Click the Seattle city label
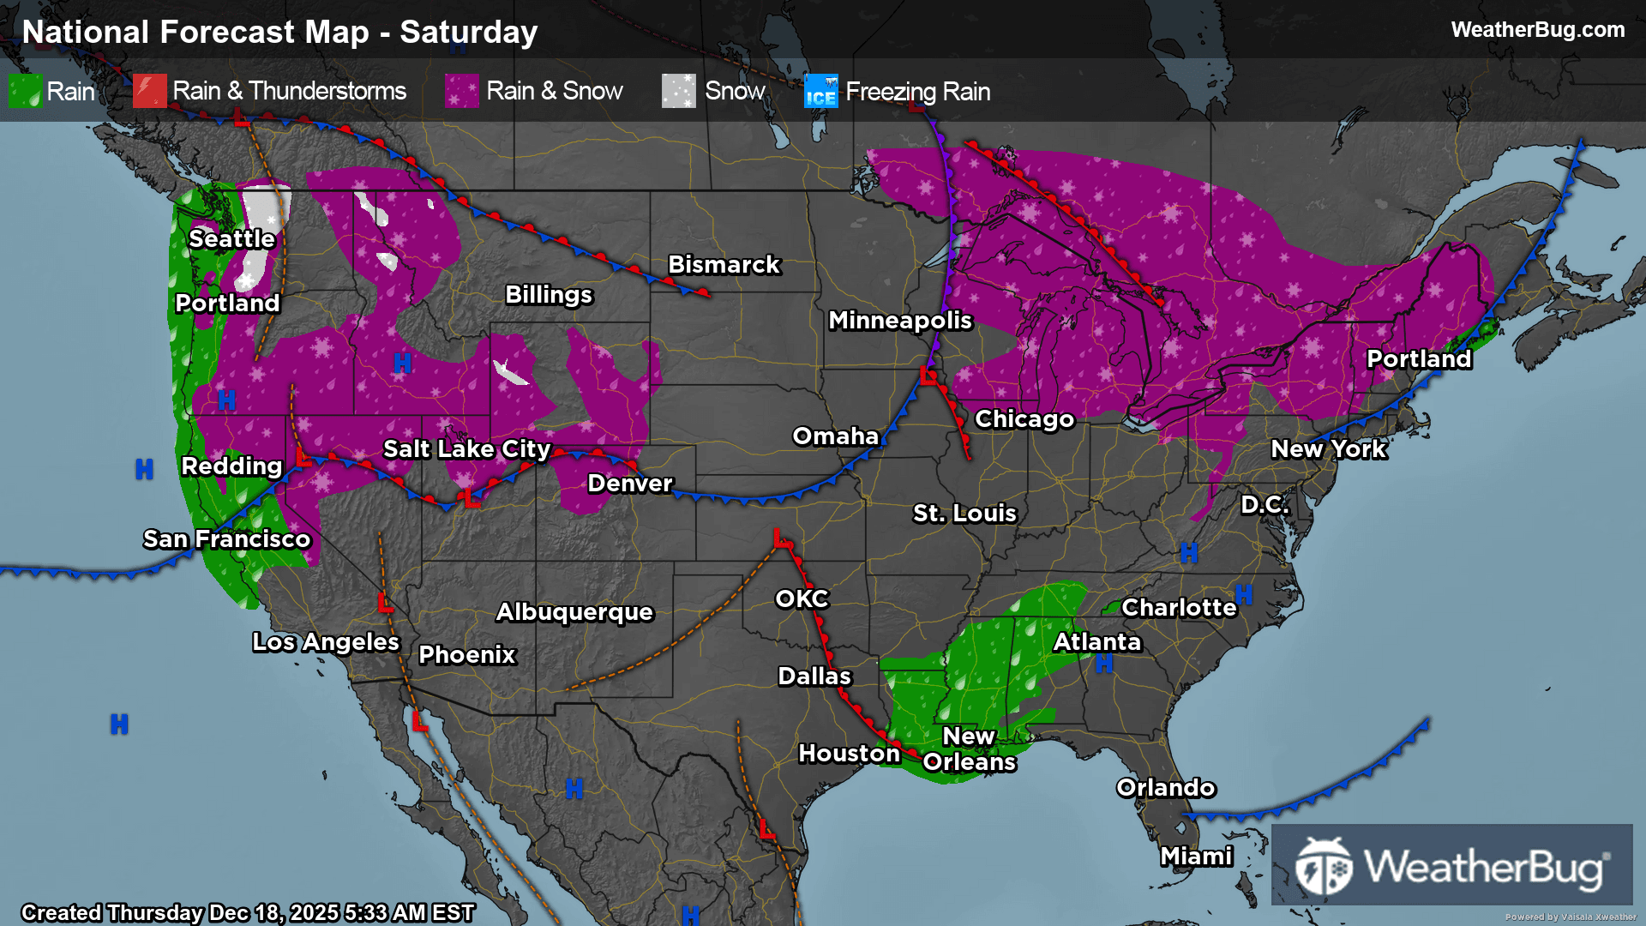pos(231,238)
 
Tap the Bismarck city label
pos(724,265)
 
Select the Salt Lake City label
pos(466,449)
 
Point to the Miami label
pos(1196,857)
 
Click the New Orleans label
pos(969,749)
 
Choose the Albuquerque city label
pos(574,612)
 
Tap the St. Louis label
pos(964,514)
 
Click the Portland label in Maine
pos(1419,359)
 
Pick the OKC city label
pos(802,599)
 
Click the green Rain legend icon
pos(25,91)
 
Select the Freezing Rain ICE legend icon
pos(820,91)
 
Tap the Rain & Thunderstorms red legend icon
pos(150,91)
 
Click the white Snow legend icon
pos(678,91)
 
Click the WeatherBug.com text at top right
pos(1537,30)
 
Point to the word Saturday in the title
pos(468,33)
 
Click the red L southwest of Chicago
pos(928,376)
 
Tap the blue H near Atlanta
pos(1104,664)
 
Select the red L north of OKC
pos(781,539)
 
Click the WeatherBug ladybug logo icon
pos(1323,867)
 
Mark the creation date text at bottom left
pos(247,912)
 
